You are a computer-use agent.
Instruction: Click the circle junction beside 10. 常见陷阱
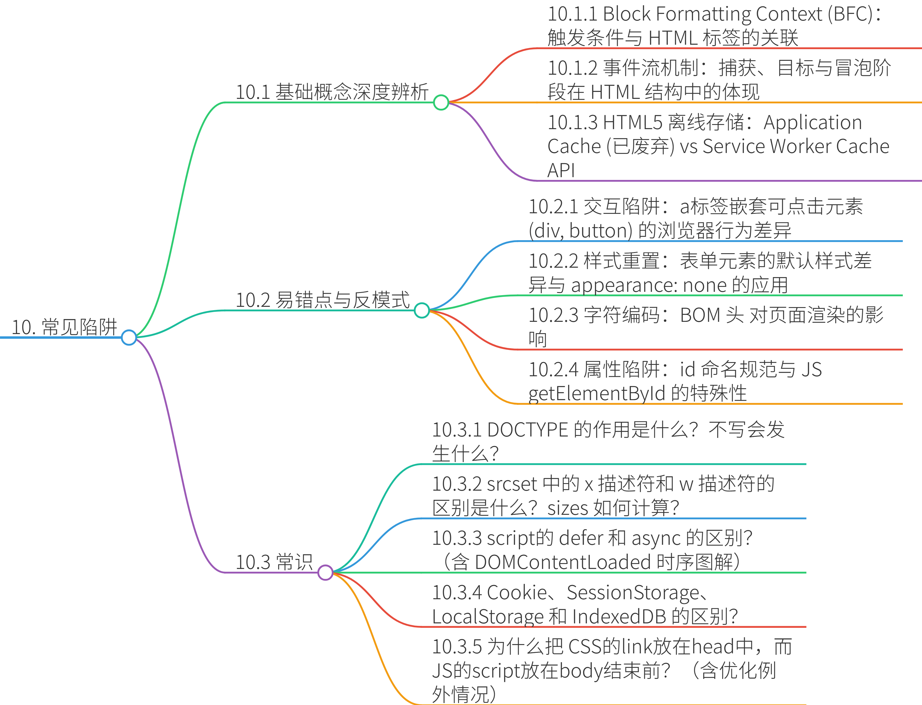(129, 337)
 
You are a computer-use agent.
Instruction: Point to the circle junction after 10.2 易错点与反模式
(421, 310)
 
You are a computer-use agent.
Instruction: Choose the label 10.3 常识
(274, 562)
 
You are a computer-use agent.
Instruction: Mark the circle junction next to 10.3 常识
(325, 572)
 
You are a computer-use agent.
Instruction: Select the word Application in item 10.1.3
(813, 122)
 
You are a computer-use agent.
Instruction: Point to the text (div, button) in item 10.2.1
(580, 231)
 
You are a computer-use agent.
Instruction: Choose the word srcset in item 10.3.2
(511, 484)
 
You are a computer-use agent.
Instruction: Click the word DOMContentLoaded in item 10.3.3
(562, 562)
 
